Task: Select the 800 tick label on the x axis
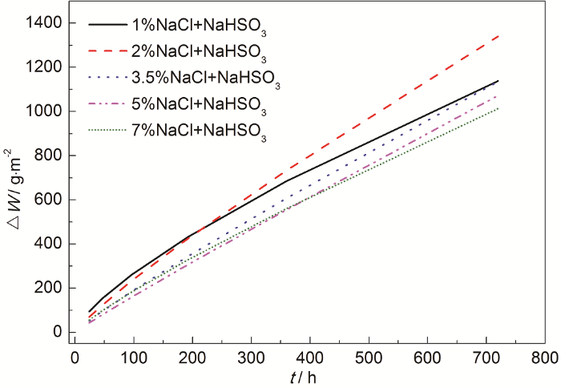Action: point(545,354)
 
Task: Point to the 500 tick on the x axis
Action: point(369,354)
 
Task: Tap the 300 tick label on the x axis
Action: point(251,354)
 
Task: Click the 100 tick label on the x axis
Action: point(134,354)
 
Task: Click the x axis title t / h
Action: point(309,374)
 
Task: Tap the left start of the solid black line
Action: point(89,311)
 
